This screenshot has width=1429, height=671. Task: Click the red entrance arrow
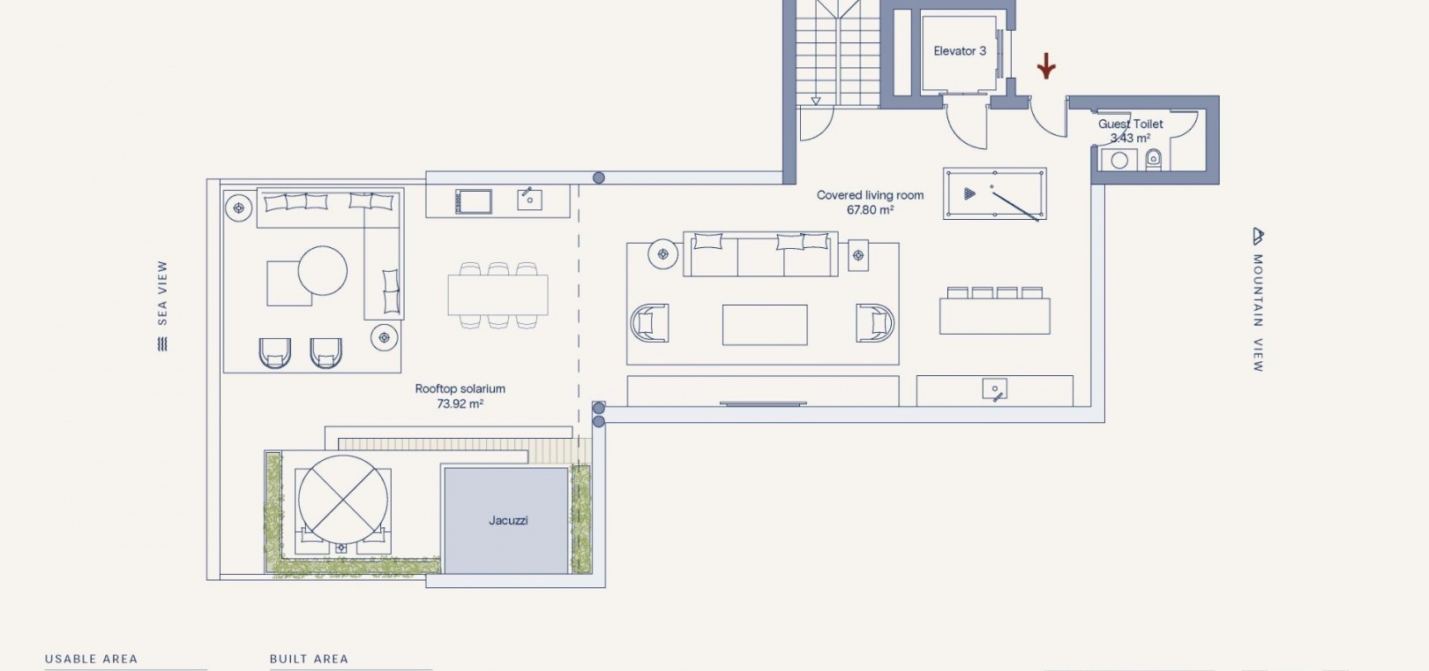tap(1045, 65)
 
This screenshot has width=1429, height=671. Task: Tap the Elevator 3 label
tap(960, 51)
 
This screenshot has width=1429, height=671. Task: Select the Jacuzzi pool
tap(506, 520)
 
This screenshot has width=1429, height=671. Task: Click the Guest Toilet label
tap(1131, 124)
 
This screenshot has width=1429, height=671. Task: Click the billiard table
tap(994, 193)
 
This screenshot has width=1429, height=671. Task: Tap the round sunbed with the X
tap(342, 500)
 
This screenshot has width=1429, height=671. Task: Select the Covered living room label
tap(870, 195)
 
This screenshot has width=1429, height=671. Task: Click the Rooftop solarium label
tap(460, 388)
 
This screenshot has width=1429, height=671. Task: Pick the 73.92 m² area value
tap(460, 403)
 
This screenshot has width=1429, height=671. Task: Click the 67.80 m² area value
tap(870, 209)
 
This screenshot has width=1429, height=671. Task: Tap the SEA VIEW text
tap(162, 292)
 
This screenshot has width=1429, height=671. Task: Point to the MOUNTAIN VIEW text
tap(1258, 313)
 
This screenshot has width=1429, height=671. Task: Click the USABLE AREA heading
tap(91, 659)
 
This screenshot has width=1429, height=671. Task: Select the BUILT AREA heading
tap(309, 659)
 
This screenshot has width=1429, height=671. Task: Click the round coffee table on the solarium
tap(323, 271)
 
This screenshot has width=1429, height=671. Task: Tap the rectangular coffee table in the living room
tap(765, 325)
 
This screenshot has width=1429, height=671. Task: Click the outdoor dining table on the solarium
tap(498, 295)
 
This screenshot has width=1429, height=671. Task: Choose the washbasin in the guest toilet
tap(1119, 161)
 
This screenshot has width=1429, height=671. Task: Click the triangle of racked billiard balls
tap(969, 193)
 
